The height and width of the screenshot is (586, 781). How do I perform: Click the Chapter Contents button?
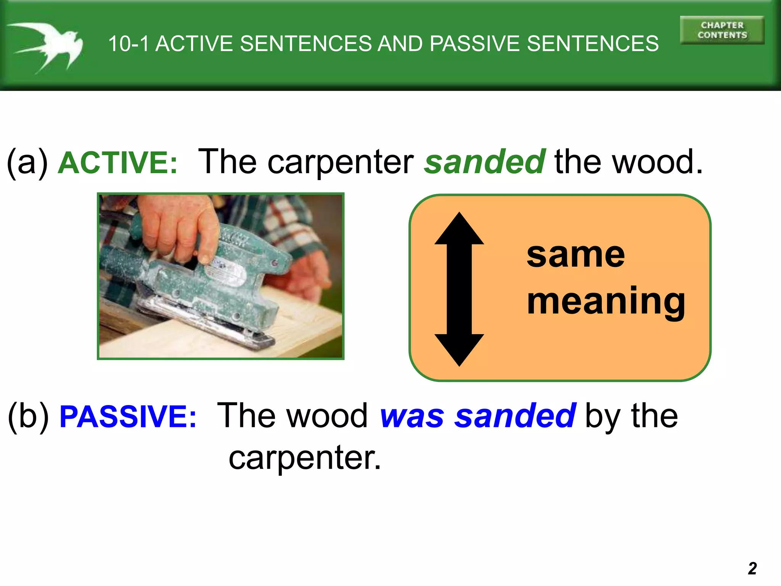point(722,30)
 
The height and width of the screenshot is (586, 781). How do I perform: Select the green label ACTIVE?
point(117,163)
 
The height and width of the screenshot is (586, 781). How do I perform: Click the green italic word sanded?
point(485,162)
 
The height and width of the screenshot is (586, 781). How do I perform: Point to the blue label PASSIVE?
point(128,417)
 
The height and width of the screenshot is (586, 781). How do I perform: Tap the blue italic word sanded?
point(515,416)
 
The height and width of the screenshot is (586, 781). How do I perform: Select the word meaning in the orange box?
point(606,301)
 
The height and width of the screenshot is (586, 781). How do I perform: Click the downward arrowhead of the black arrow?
point(459,349)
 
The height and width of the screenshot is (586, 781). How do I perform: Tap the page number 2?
point(752,568)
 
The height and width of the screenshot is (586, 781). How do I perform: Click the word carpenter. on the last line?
point(305,459)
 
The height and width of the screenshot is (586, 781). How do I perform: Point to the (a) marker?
point(27,163)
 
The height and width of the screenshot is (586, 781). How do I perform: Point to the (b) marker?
point(29,417)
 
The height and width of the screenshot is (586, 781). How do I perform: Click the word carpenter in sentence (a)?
point(340,163)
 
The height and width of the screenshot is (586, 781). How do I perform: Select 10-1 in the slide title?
point(128,43)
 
